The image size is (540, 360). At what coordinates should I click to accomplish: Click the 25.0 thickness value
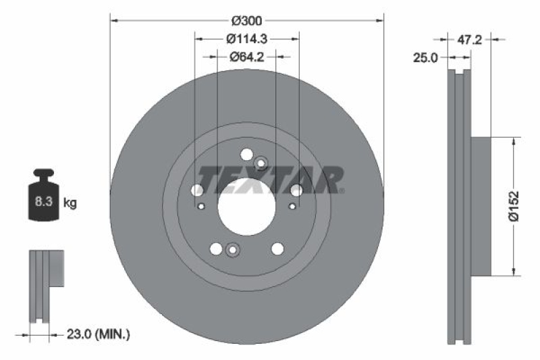426,59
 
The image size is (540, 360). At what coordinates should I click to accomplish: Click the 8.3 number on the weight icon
41,202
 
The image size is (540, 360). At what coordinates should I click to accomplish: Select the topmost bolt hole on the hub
246,153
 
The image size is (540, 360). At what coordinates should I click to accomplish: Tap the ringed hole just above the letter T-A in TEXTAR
261,162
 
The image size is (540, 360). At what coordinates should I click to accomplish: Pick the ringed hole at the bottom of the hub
233,250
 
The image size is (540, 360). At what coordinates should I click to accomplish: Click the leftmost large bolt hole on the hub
197,190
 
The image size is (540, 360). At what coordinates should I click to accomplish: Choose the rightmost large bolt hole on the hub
296,190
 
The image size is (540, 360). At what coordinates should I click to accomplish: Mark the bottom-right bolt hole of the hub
277,249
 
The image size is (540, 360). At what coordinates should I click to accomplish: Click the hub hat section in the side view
481,206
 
